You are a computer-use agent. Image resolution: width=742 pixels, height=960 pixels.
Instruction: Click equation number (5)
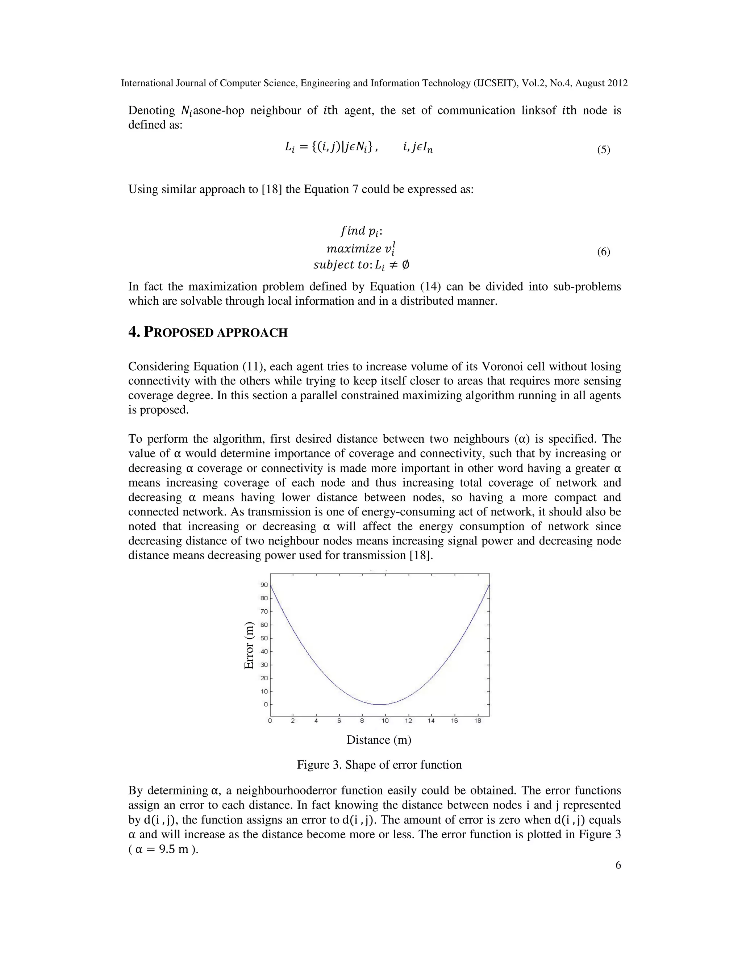[x=603, y=150]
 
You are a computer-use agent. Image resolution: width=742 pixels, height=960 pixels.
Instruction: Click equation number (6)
[x=603, y=252]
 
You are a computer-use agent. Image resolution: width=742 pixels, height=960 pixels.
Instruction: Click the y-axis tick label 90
[x=264, y=585]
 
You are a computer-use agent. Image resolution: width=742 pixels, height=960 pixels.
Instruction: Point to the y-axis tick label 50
[x=264, y=638]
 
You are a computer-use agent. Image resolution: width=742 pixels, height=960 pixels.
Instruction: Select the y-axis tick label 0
[x=266, y=705]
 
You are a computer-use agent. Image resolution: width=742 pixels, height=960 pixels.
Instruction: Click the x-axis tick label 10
[x=385, y=721]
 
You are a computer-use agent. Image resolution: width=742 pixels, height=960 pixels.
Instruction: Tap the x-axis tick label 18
[x=478, y=721]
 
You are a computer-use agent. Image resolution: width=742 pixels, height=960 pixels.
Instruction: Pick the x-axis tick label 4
[x=316, y=721]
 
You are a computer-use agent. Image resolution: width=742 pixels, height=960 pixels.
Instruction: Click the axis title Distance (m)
[x=379, y=740]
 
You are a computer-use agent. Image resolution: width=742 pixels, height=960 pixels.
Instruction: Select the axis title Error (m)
[x=249, y=646]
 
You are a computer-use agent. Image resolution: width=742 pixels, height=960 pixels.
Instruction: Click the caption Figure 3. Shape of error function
[x=379, y=765]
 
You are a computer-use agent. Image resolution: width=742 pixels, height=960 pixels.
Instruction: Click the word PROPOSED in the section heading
[x=179, y=333]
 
